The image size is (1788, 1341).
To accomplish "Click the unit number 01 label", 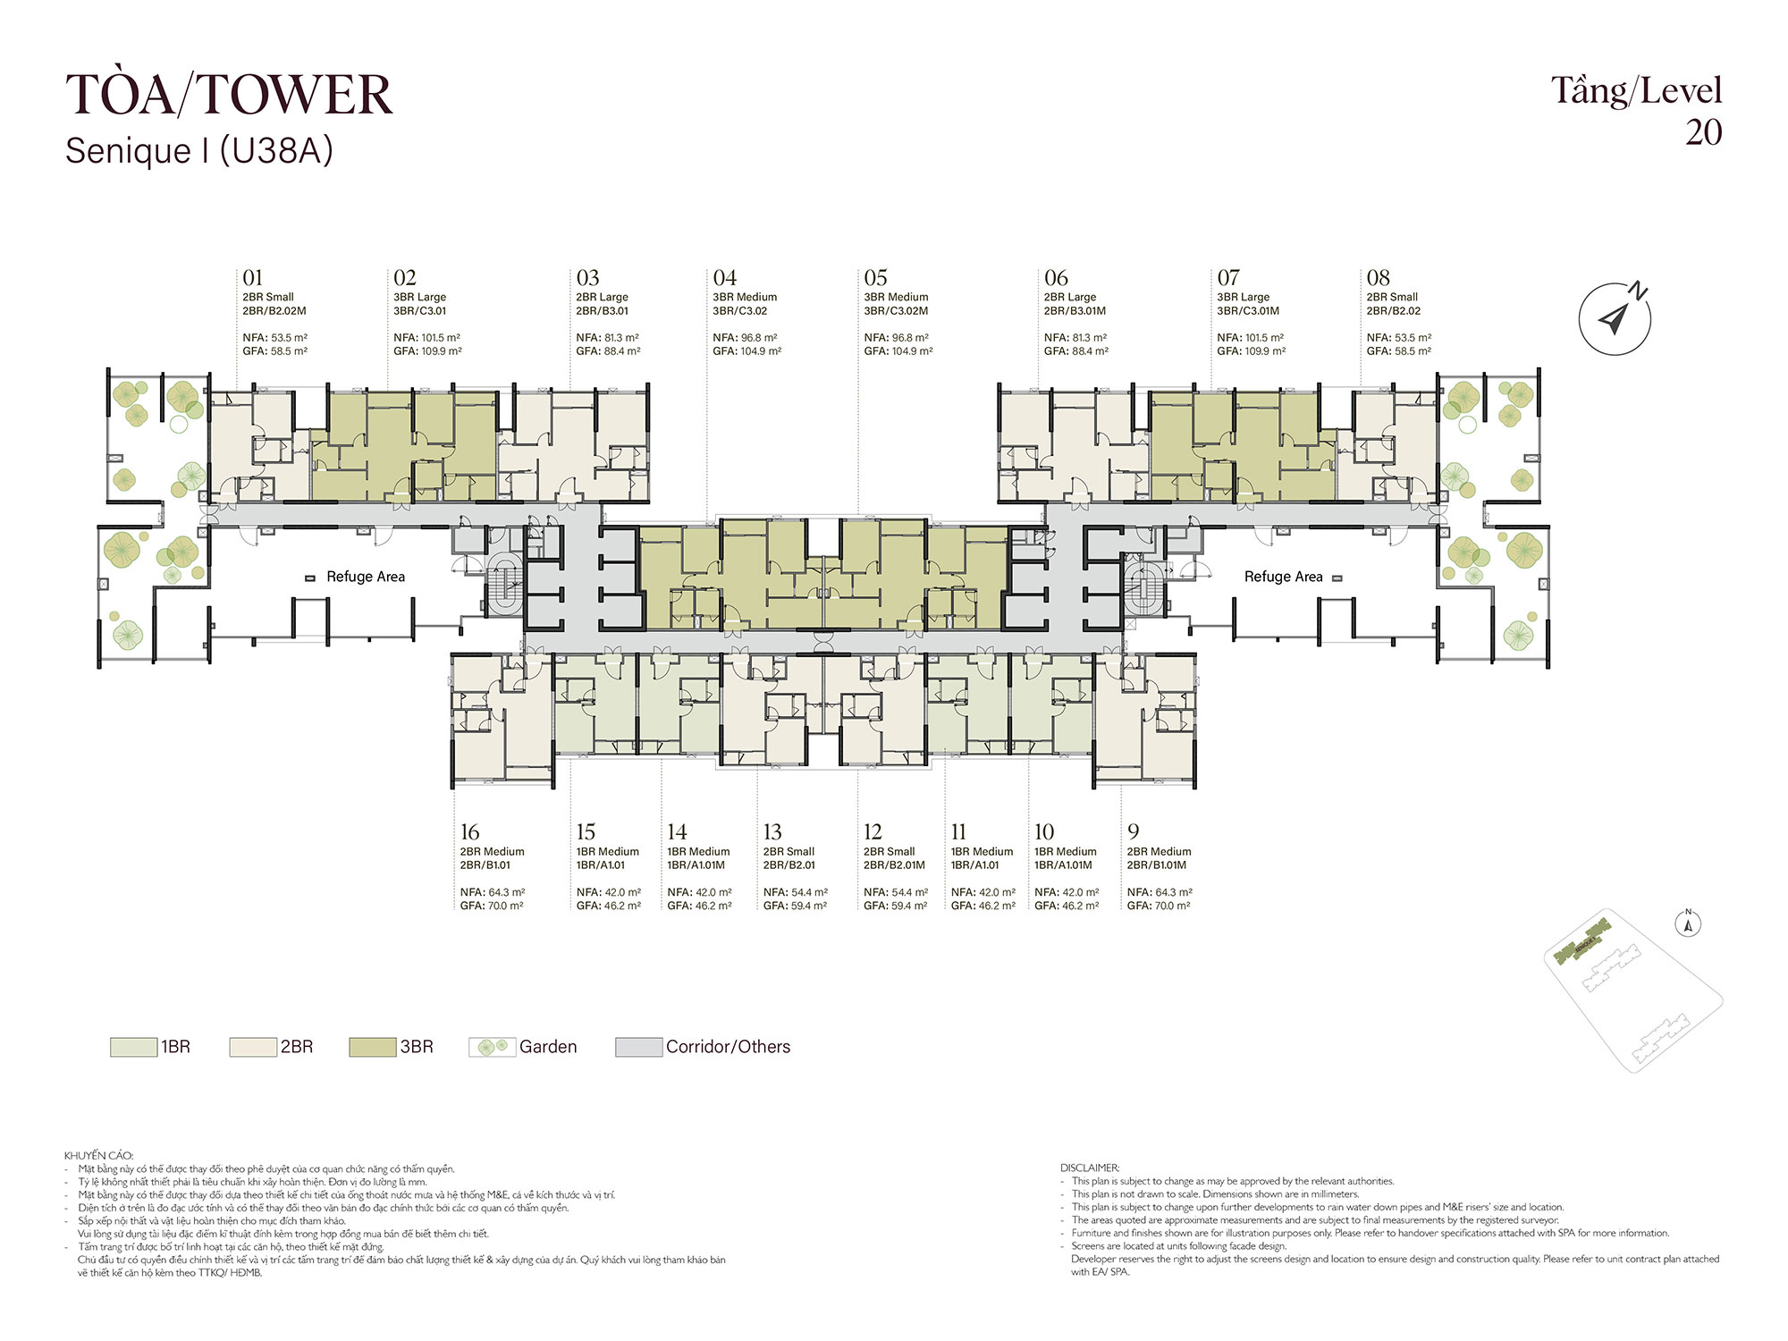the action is (253, 278).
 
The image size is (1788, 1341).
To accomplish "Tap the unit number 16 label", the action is (470, 832).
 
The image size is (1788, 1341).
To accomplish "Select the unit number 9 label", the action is (1133, 832).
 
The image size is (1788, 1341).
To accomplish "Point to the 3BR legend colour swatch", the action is (373, 1047).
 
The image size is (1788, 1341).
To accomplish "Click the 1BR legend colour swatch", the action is (133, 1047).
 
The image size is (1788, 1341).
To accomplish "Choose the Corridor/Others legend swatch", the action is (639, 1047).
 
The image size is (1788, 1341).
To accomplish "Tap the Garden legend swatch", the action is (493, 1047).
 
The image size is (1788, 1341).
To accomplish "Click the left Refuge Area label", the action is (366, 577).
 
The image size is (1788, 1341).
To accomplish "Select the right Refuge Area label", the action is (1283, 577).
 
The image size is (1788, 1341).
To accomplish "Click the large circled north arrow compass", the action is (1615, 318).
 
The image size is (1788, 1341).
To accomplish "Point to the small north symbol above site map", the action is (1688, 924).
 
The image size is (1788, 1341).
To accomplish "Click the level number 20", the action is (1704, 132).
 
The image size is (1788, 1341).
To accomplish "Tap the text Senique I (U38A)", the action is (199, 151).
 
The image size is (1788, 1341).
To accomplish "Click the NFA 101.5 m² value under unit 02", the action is (427, 338).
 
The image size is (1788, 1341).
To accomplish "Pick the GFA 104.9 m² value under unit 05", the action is (898, 351).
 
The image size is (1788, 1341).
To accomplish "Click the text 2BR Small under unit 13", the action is (789, 852).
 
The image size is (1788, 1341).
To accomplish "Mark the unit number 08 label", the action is (1378, 278).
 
